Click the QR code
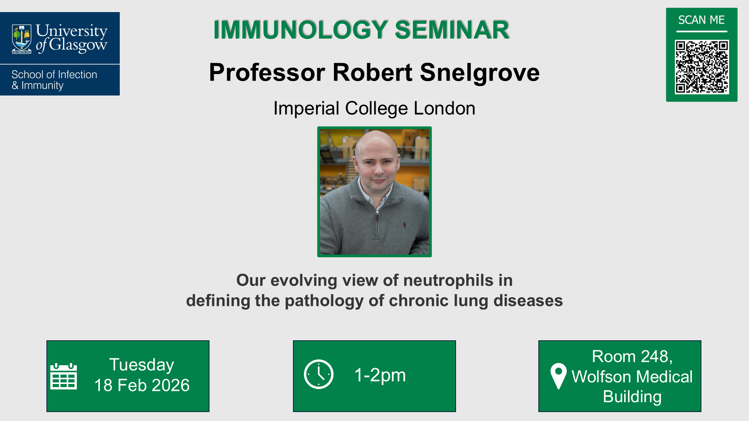point(701,67)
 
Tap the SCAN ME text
point(701,20)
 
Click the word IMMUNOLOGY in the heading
point(300,30)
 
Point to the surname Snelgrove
point(479,73)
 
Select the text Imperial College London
point(374,108)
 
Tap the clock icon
point(319,374)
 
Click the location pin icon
point(558,375)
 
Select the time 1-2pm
point(380,375)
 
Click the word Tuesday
point(142,365)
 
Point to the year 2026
point(170,386)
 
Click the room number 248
point(655,356)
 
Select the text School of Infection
point(54,74)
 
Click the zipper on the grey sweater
point(377,217)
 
